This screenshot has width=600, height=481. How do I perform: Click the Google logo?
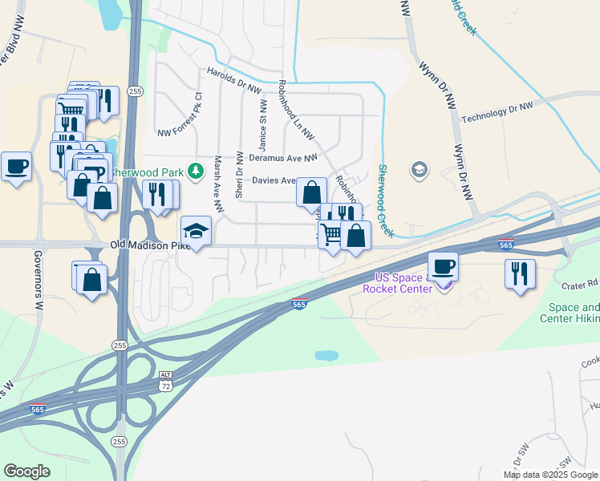[26, 471]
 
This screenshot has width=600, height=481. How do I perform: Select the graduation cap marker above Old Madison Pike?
[197, 231]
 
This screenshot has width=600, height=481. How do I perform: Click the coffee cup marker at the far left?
[16, 167]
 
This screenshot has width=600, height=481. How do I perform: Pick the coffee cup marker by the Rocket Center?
[442, 265]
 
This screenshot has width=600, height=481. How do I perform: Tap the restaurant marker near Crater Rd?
[520, 273]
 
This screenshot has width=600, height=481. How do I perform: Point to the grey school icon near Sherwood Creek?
[418, 170]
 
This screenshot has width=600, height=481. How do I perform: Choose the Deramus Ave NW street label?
[283, 158]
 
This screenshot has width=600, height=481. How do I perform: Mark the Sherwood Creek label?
[385, 200]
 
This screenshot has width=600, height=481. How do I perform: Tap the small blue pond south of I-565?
[326, 355]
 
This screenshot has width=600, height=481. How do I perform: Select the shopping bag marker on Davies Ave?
[311, 192]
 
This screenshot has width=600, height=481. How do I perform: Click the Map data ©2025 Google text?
[550, 475]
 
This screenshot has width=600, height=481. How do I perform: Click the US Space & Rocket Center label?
[398, 283]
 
